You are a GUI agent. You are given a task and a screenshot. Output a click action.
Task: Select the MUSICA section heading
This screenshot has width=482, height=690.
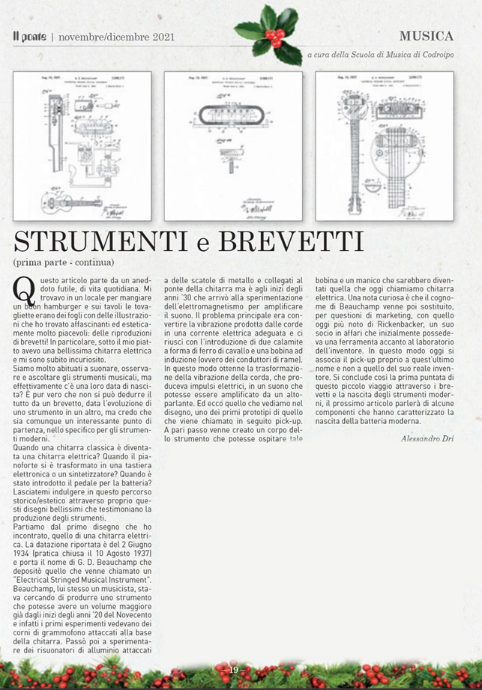coord(426,36)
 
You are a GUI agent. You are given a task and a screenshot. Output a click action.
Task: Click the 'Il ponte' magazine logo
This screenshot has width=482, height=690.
coord(29,36)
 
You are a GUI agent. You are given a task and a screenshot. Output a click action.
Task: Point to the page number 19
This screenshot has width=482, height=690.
coord(234,669)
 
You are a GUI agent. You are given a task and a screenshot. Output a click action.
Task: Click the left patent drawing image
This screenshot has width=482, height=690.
coord(82,146)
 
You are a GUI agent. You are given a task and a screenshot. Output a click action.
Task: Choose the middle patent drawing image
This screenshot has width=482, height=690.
coord(233,146)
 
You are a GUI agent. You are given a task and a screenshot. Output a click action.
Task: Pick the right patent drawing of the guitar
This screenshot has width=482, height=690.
coord(384,146)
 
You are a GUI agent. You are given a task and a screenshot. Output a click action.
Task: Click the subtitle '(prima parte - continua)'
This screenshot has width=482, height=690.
coord(64,262)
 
